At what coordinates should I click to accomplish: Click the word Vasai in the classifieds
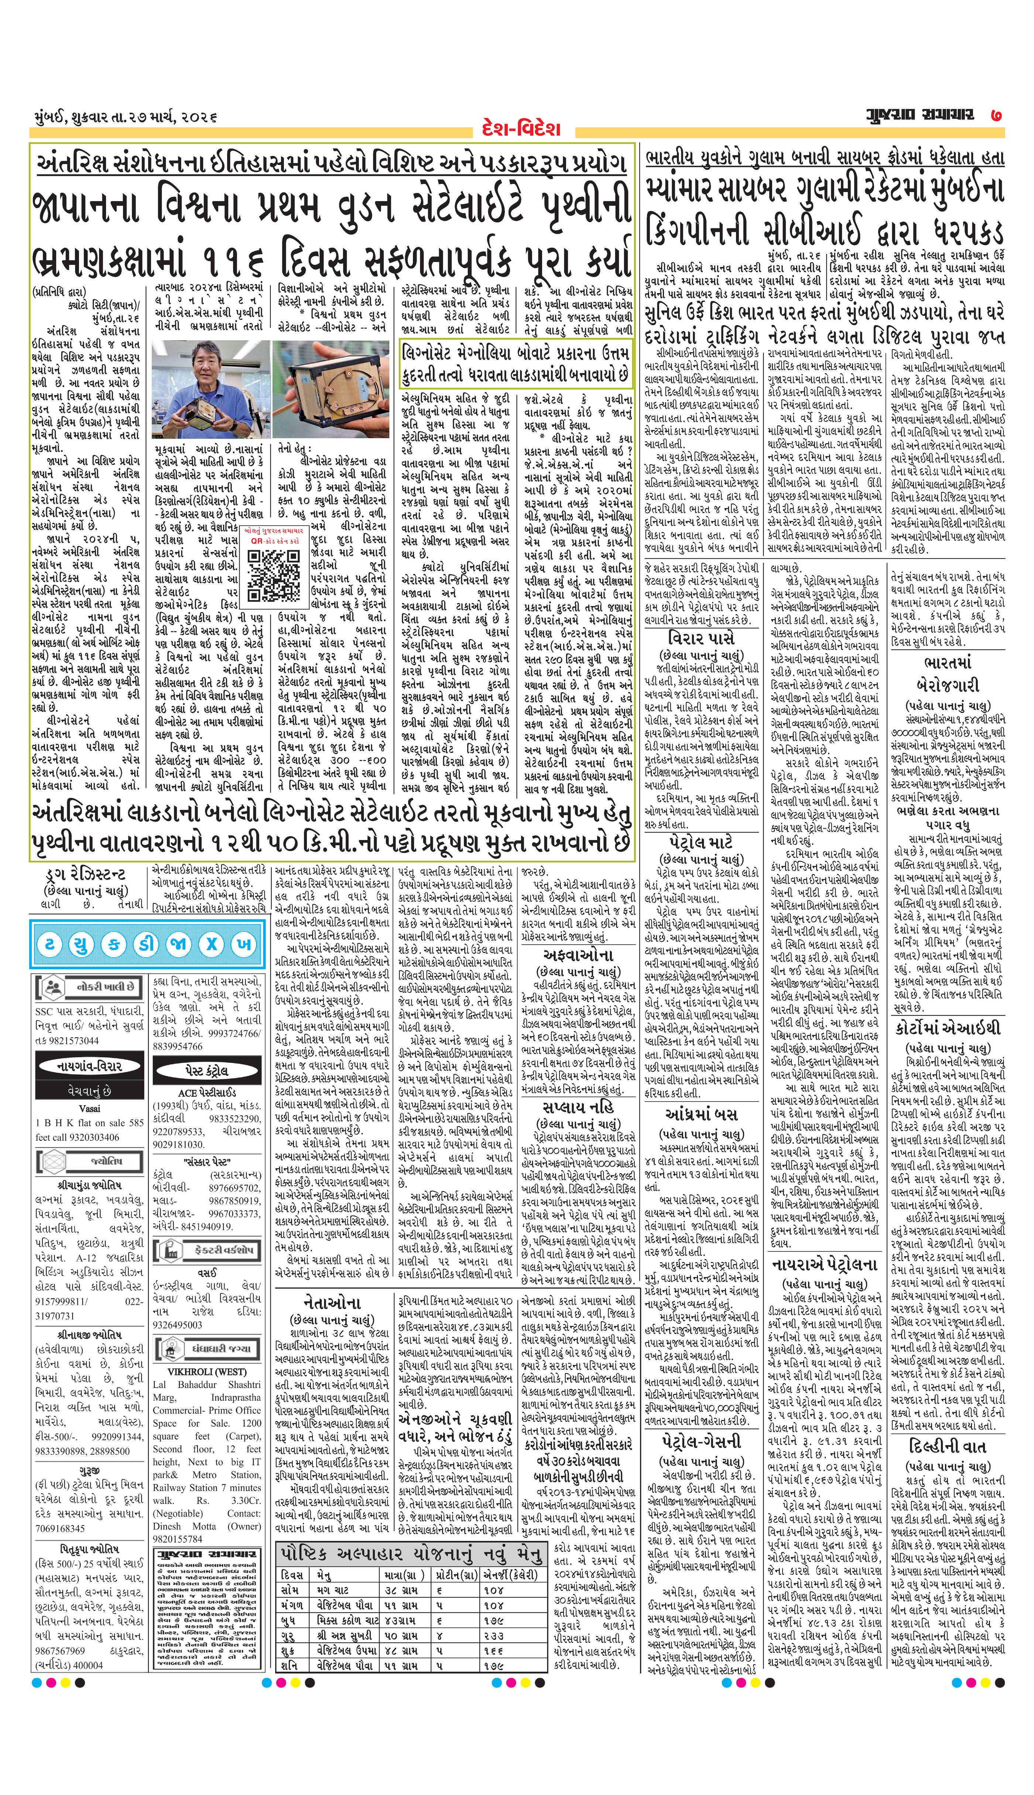89,1108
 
